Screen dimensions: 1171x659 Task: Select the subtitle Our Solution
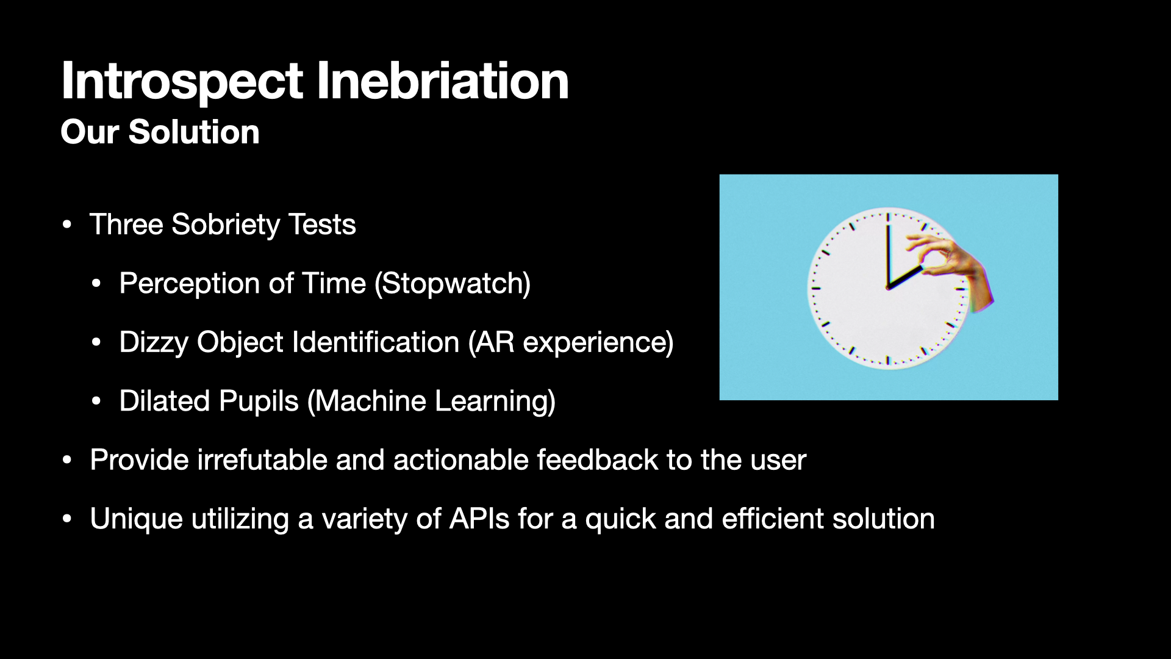[160, 131]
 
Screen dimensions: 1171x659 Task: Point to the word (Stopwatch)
[452, 284]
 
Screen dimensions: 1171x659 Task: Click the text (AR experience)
[571, 342]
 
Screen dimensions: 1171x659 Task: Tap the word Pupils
[259, 402]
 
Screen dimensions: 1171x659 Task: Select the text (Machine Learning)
[431, 402]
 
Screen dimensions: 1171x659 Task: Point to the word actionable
[460, 459]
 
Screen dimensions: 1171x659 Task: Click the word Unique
[136, 519]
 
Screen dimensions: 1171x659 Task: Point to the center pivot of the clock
[888, 287]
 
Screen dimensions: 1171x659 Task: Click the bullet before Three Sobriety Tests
[67, 225]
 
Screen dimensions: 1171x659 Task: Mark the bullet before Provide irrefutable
[67, 460]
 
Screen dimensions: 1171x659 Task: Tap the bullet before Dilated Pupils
[96, 402]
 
